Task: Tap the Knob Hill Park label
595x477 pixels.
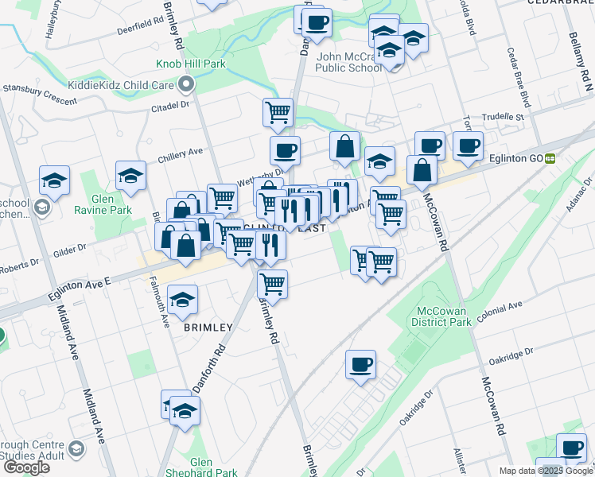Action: tap(191, 64)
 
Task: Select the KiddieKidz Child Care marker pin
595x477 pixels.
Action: tap(187, 83)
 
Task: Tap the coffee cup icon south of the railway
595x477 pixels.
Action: tap(360, 365)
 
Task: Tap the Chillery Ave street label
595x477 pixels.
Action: tap(180, 152)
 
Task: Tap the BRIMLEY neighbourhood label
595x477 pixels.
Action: tap(208, 327)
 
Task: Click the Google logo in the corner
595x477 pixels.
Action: tap(26, 467)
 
